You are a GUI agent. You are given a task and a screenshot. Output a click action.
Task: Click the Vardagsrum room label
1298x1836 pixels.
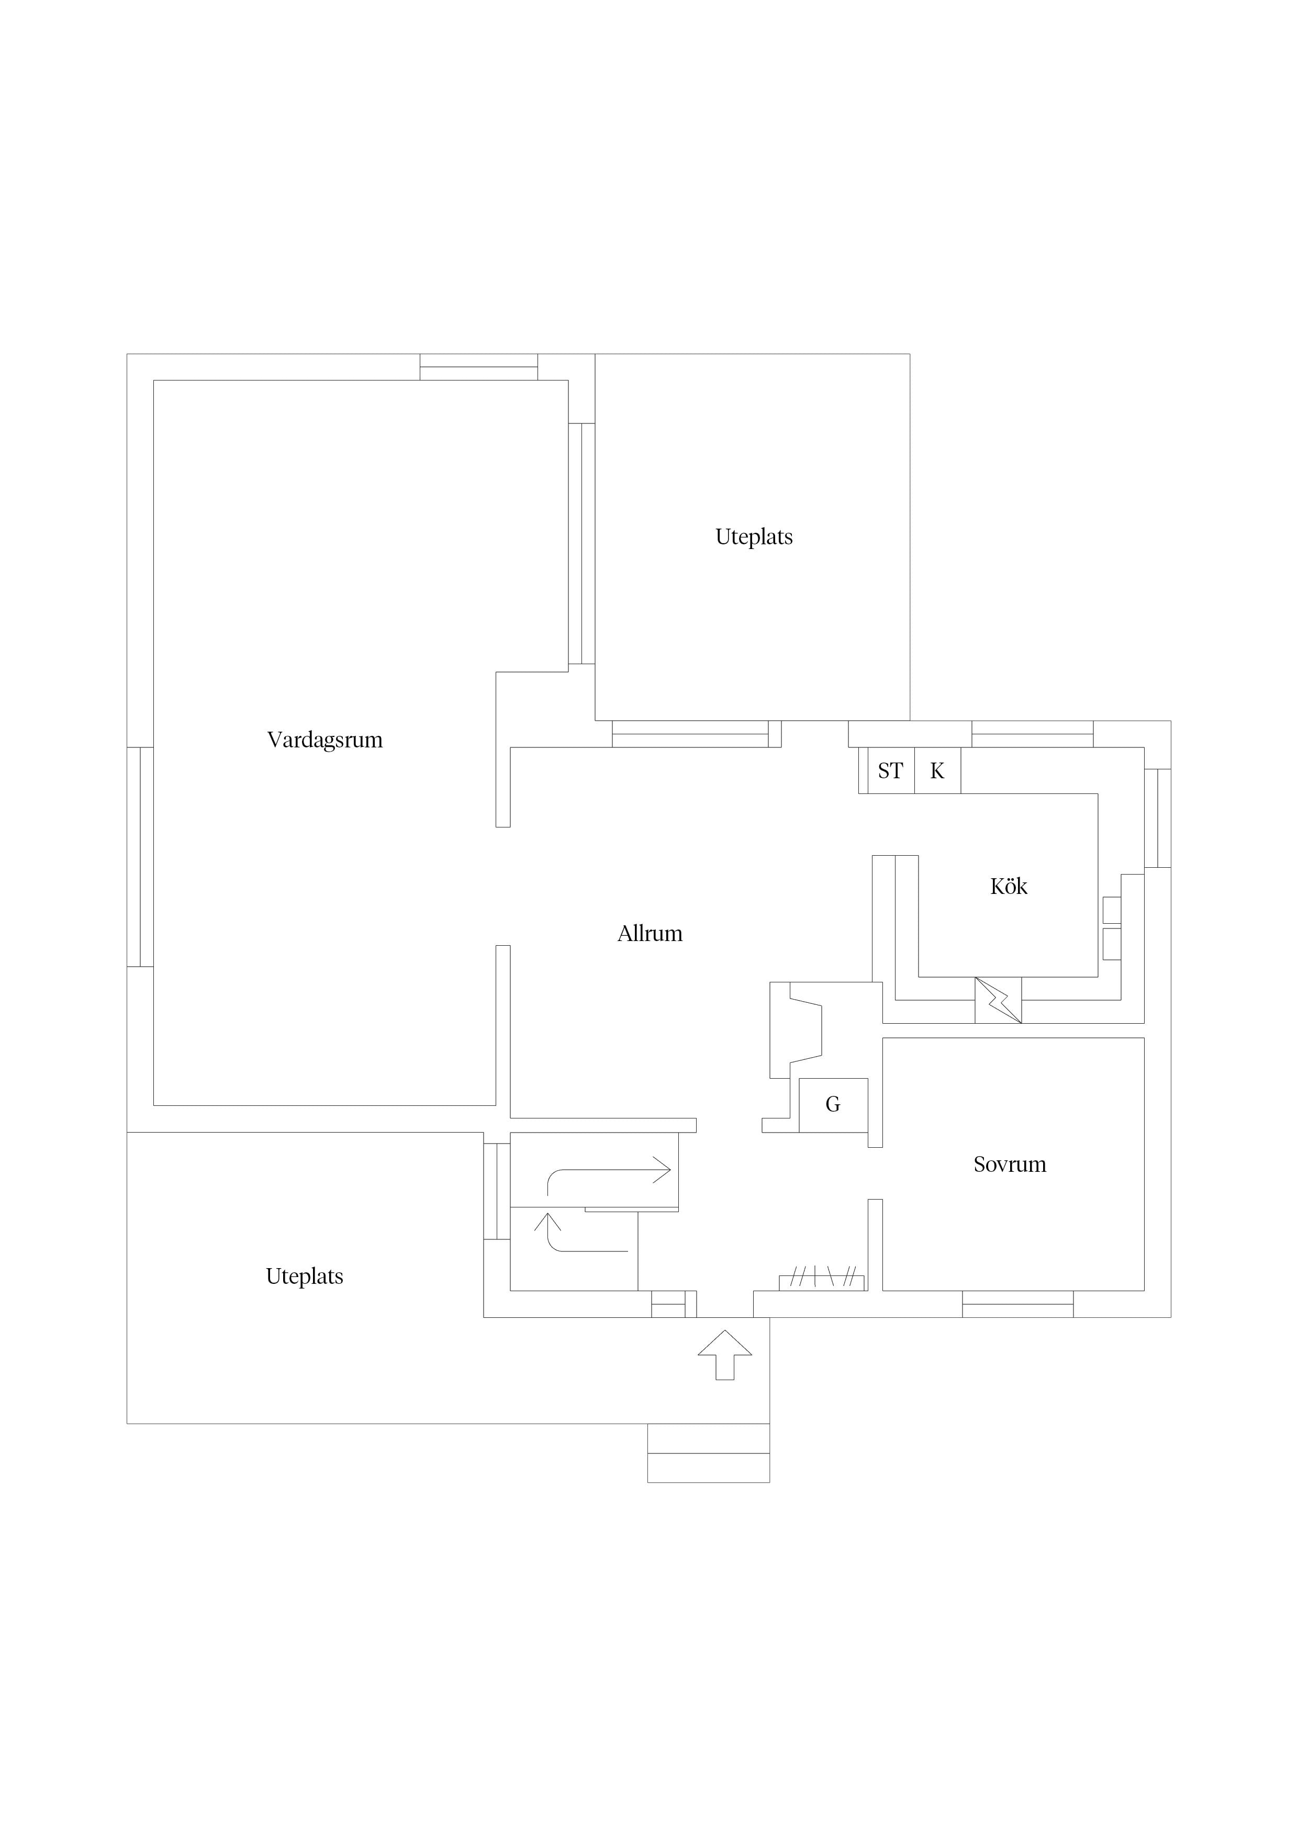tap(324, 740)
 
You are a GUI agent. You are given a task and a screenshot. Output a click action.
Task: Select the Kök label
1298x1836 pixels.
tap(1009, 886)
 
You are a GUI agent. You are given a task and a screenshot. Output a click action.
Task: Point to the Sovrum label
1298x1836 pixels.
tap(1009, 1165)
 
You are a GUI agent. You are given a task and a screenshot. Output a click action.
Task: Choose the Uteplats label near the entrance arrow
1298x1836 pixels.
tap(304, 1276)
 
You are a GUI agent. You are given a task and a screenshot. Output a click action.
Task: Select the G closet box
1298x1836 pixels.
tap(833, 1104)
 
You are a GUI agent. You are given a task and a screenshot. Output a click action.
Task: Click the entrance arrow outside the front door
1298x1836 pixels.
tap(724, 1354)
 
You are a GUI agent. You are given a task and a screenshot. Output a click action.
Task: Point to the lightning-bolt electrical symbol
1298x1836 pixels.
tap(998, 1000)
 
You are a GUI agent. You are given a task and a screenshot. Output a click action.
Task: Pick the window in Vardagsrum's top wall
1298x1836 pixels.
tap(478, 367)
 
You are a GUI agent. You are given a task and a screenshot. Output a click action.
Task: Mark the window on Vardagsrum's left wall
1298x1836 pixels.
tap(140, 857)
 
